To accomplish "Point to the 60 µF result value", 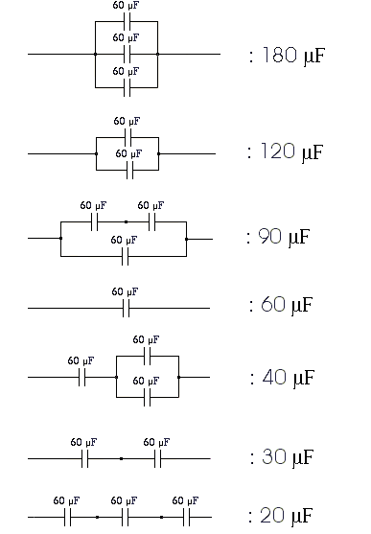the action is coord(282,306).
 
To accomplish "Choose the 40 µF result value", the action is coord(282,377).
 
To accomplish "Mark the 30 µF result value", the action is coord(282,456).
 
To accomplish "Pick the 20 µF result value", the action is coord(282,516).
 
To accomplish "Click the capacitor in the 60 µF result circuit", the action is coord(125,308).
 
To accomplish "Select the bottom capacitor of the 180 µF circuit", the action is coord(126,87).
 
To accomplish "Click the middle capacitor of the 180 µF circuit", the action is coord(126,55).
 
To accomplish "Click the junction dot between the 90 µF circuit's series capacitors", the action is coord(126,221).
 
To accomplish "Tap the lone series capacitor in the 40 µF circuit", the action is coord(83,378).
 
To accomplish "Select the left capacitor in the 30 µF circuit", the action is coord(85,459).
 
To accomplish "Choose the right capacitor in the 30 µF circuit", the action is coord(157,459).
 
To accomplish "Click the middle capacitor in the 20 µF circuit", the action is coord(125,518).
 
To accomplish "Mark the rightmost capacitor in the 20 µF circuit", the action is coord(186,518).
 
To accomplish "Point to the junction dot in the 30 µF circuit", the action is coord(121,459).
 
